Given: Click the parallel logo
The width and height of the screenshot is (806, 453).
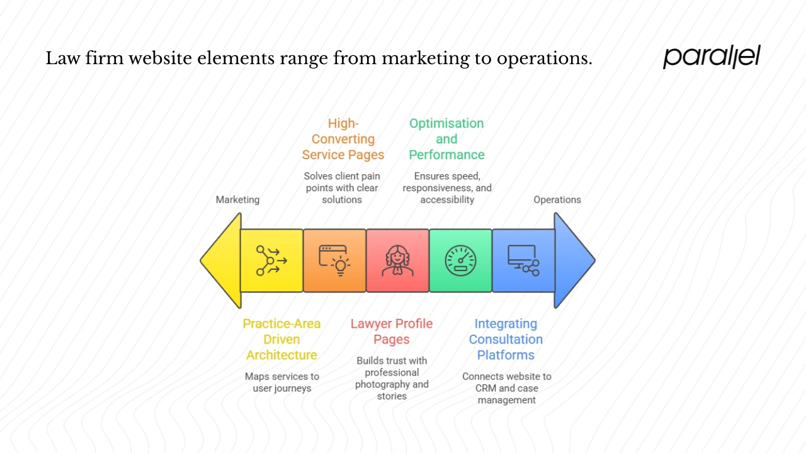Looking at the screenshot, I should (712, 57).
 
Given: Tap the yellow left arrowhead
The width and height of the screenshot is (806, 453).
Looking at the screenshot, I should (222, 260).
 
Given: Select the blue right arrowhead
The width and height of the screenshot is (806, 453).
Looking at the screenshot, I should (573, 260).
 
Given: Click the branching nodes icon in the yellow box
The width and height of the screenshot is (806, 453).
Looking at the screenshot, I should (271, 260).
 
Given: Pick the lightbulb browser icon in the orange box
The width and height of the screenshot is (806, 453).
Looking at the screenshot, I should (334, 260).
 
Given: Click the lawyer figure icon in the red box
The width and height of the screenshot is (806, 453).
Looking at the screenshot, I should (397, 260).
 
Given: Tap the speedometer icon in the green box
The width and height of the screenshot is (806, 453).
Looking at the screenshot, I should (460, 260).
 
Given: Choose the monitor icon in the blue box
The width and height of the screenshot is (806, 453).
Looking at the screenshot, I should (523, 260).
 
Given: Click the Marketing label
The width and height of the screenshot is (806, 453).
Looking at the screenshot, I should (237, 199).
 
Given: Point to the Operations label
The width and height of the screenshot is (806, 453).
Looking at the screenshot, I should (557, 199).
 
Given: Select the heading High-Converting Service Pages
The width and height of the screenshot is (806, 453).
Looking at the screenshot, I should (343, 139).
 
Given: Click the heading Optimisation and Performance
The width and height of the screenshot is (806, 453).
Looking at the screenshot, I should (446, 139).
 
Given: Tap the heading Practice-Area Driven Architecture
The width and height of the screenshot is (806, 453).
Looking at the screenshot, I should (281, 339).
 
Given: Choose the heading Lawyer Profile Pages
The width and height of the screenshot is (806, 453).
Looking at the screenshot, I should (392, 332).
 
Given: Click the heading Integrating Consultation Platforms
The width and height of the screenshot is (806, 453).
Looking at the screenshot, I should (506, 339).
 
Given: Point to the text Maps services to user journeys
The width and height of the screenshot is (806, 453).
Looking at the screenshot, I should (281, 382).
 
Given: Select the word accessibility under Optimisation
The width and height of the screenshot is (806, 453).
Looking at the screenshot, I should (447, 199).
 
